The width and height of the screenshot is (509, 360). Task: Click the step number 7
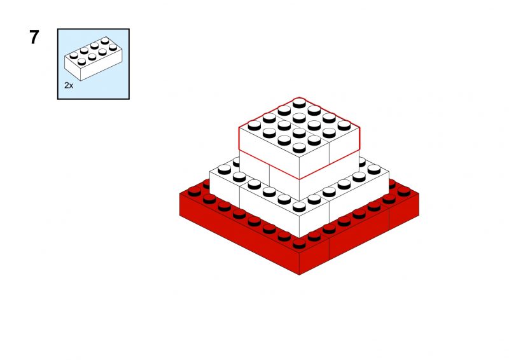click(x=34, y=37)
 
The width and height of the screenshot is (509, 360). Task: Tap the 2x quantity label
click(x=69, y=85)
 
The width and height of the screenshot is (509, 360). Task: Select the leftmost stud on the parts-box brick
click(x=74, y=55)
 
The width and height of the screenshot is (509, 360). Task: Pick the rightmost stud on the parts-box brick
click(x=113, y=47)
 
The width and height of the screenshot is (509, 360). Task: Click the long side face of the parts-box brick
click(x=101, y=66)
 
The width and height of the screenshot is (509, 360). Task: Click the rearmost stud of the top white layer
click(x=299, y=103)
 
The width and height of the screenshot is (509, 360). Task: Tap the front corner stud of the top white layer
click(x=299, y=148)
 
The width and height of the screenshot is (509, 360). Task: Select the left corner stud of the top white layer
click(x=254, y=125)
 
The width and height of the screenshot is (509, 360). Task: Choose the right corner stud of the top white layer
click(x=344, y=125)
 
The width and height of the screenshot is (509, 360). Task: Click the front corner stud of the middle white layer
click(x=299, y=207)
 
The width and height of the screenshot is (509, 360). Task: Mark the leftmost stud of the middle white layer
click(x=225, y=169)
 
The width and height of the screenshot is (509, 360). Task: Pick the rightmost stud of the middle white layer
click(x=374, y=169)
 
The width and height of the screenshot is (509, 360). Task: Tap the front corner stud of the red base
click(x=299, y=243)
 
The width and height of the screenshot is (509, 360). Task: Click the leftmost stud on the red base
click(x=195, y=191)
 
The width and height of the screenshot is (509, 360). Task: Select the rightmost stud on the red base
click(x=404, y=191)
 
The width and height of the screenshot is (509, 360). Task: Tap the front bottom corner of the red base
click(x=299, y=275)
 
